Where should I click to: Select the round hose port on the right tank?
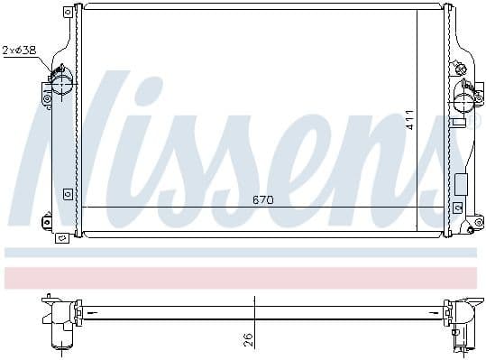(465, 90)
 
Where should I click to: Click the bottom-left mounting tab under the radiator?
(62, 237)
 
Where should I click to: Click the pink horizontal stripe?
(243, 277)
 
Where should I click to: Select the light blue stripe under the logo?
(243, 253)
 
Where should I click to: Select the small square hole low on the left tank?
(69, 191)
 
